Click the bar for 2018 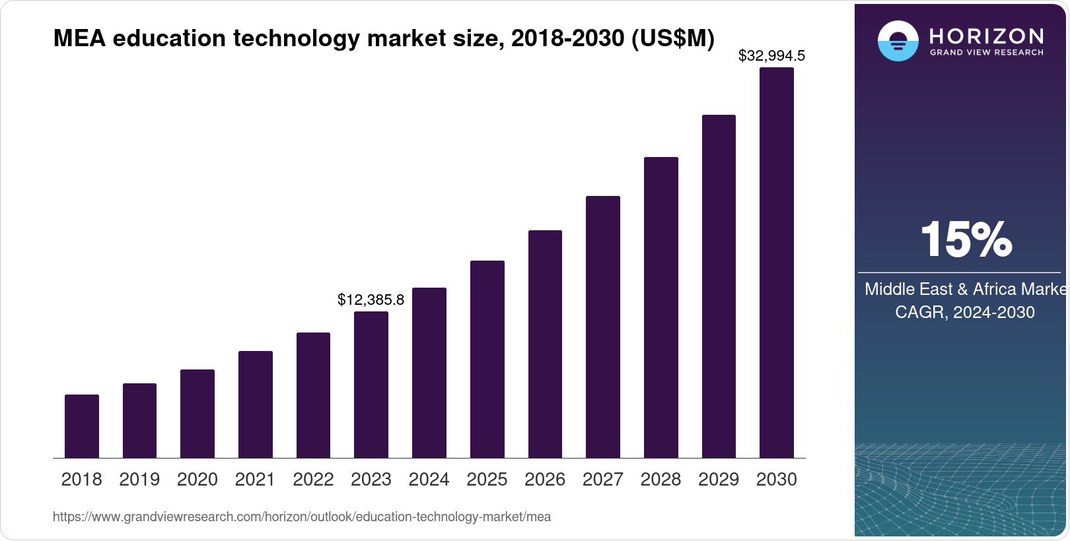click(x=82, y=426)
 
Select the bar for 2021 click(x=256, y=404)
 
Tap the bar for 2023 click(x=371, y=385)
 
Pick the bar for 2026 click(x=545, y=344)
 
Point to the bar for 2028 click(x=660, y=307)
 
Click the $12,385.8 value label click(x=371, y=300)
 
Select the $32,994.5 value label click(x=771, y=56)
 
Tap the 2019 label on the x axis click(x=139, y=480)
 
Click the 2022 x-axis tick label click(x=313, y=480)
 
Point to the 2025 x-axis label click(x=487, y=480)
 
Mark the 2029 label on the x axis click(x=719, y=480)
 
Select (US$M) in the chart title click(x=673, y=38)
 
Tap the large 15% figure click(x=966, y=239)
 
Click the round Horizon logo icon click(x=898, y=41)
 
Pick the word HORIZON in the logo click(x=987, y=36)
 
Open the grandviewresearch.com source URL click(x=302, y=517)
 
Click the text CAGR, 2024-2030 click(x=964, y=312)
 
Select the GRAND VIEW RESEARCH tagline click(x=987, y=52)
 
